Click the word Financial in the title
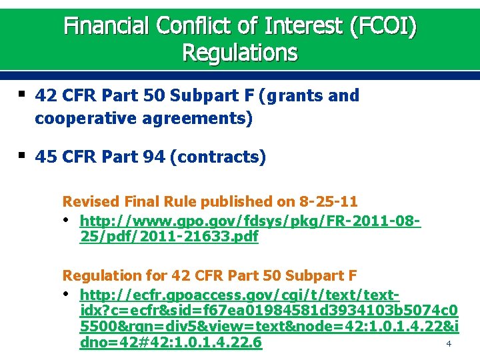point(107,26)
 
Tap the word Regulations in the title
point(240,53)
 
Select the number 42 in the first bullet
point(45,96)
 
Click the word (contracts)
point(218,157)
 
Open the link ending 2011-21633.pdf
point(169,236)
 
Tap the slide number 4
point(449,344)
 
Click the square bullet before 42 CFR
point(22,95)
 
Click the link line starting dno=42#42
point(171,343)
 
